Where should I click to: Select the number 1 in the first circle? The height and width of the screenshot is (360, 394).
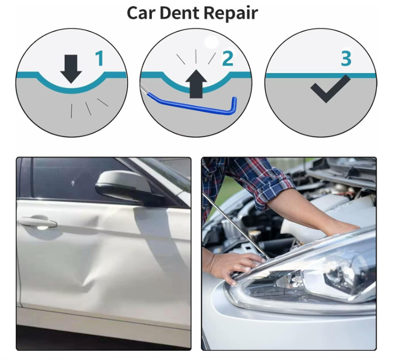[100, 58]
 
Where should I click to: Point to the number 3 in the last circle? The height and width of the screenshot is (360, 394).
[346, 58]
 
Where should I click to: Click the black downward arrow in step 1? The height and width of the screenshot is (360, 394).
[71, 69]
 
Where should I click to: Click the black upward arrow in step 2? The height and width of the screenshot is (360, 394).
[196, 84]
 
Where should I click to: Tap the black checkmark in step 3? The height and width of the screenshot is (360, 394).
[330, 88]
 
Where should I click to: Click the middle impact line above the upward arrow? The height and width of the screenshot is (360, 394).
[196, 56]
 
